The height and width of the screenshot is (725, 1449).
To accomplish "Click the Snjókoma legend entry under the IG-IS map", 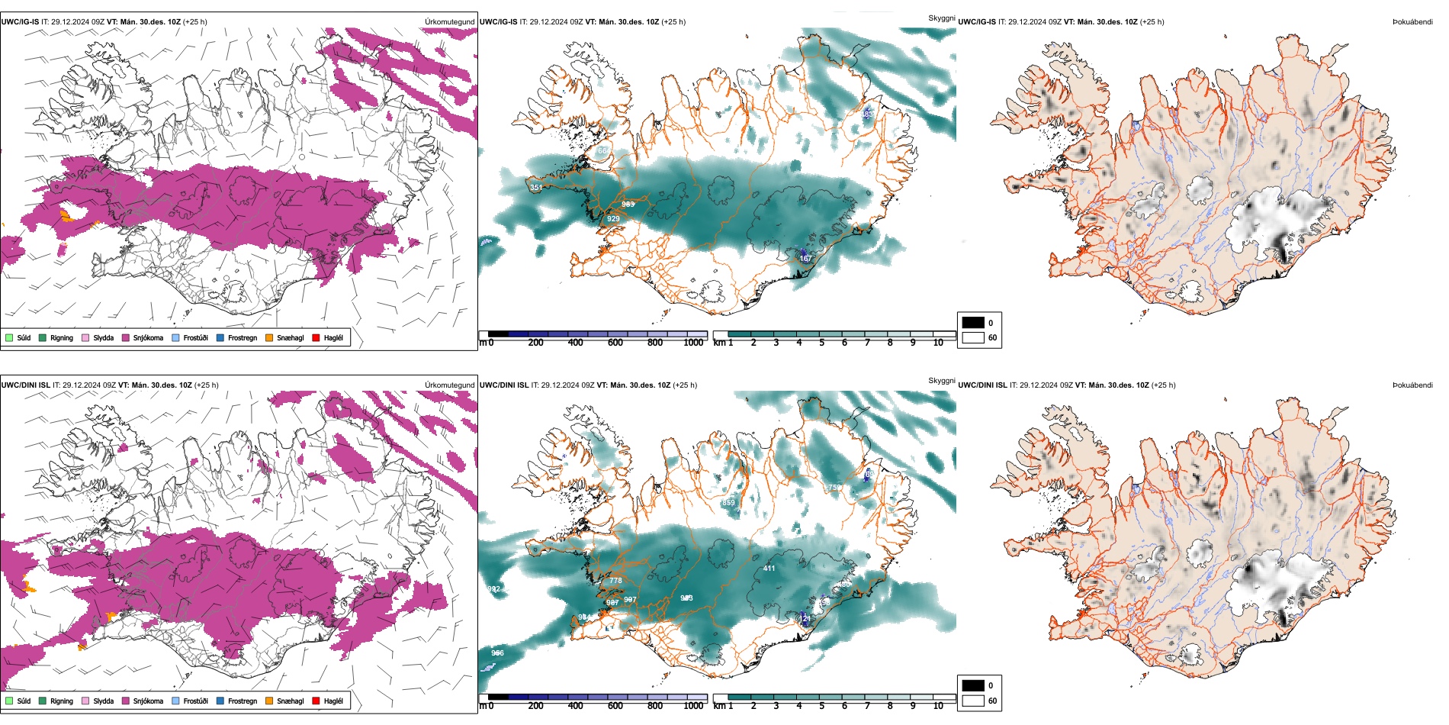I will tap(148, 338).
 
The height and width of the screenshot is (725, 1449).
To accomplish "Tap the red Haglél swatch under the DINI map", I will tap(316, 701).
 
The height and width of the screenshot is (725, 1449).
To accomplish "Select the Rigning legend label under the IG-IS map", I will tap(62, 338).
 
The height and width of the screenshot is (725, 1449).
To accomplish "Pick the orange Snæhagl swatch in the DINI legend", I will tap(269, 701).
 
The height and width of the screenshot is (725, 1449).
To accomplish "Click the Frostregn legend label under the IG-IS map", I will tap(243, 338).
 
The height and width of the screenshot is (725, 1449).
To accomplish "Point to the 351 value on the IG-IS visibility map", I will tap(536, 188).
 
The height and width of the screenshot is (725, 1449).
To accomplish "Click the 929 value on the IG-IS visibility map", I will tap(613, 219).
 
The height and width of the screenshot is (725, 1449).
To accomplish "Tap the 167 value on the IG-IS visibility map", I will tap(805, 259).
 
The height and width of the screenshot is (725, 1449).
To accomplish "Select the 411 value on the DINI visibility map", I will tap(769, 569).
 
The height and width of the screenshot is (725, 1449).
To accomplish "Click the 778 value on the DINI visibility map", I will tap(615, 581).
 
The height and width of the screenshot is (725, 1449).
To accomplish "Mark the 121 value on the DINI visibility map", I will tap(804, 618).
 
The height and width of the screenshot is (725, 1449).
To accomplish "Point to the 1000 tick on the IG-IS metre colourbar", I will tap(693, 343).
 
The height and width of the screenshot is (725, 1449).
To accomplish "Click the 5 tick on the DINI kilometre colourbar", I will tap(822, 706).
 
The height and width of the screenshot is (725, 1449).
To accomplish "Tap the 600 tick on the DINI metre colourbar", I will tap(615, 706).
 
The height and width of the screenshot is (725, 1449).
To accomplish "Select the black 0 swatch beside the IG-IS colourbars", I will tap(973, 323).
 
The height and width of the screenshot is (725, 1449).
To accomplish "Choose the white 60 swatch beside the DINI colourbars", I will tap(973, 701).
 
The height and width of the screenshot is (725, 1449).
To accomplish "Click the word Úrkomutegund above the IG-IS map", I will tap(450, 22).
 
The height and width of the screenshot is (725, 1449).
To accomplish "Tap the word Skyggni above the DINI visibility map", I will tap(942, 380).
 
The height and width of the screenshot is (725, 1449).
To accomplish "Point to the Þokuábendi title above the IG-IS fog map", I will tap(1412, 22).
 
